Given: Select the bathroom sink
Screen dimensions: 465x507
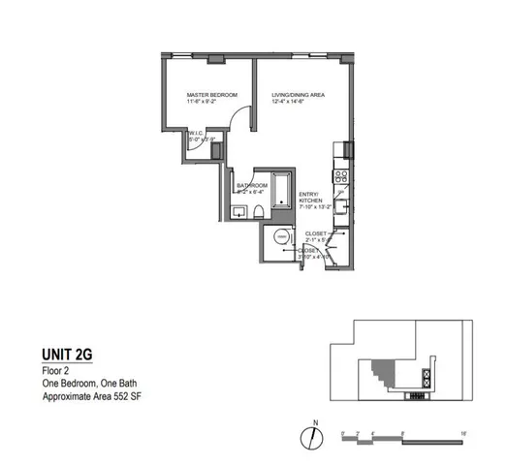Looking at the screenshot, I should click(x=239, y=210).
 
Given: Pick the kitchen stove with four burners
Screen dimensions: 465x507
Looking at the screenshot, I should click(x=340, y=175).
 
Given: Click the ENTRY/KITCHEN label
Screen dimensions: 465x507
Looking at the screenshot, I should click(x=310, y=197).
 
